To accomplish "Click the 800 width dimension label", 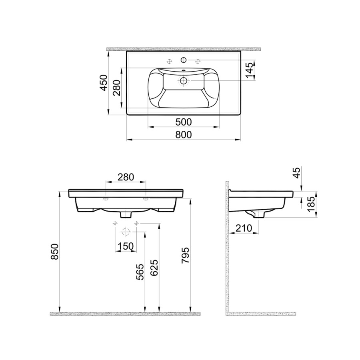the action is [x=184, y=135].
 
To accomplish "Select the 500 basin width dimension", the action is [x=184, y=122].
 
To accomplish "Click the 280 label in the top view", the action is [x=117, y=88].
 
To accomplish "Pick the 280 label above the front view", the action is [x=126, y=177].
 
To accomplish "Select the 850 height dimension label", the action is [x=55, y=252].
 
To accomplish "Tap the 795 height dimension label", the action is [x=185, y=255].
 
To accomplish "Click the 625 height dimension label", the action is [x=154, y=268].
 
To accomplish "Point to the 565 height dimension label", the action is [x=140, y=272].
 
